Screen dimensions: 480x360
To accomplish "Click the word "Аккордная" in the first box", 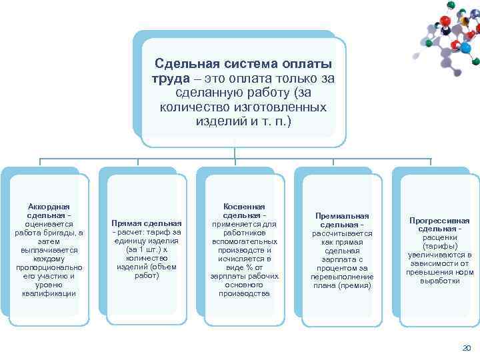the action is [49, 207].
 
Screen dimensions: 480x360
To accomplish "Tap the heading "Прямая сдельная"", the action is [147, 223].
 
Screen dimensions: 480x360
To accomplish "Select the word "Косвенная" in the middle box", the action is [244, 207].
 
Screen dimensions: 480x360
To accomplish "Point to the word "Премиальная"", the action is [342, 217].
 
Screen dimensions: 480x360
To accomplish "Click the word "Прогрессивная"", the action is [439, 221].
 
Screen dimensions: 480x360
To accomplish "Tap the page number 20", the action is [466, 348].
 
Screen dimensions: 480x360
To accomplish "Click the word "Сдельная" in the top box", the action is [185, 64].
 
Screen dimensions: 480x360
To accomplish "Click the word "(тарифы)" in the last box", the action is [439, 246].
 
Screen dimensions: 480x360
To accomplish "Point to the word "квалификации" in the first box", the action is [49, 293].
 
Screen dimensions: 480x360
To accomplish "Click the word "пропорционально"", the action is [49, 267].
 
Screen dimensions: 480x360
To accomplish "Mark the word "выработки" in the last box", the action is [439, 281].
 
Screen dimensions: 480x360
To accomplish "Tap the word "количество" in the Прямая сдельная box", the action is [147, 258].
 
